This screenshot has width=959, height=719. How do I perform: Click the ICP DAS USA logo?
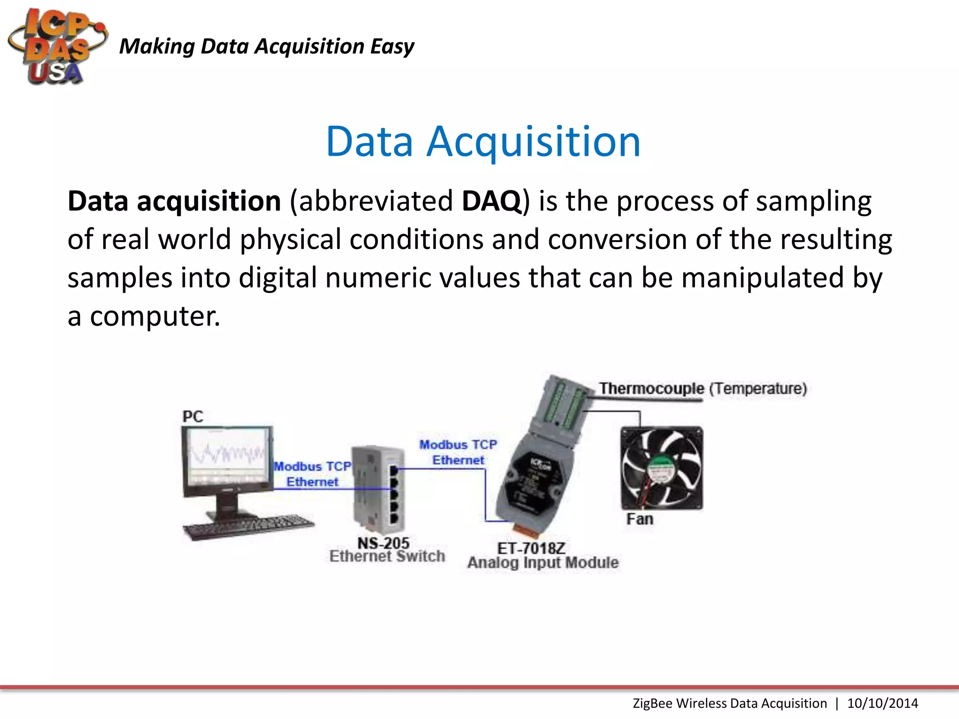(x=57, y=47)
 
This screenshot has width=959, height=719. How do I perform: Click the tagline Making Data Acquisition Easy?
(x=266, y=46)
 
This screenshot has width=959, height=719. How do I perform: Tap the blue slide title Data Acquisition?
(x=483, y=141)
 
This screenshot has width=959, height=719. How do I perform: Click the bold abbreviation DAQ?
(x=491, y=201)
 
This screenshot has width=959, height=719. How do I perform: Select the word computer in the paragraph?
(x=155, y=316)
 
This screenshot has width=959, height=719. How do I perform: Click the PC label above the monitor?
(x=192, y=416)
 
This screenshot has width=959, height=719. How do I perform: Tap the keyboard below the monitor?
(x=248, y=527)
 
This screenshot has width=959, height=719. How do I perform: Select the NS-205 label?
(x=383, y=543)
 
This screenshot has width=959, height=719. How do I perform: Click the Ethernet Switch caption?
(x=387, y=557)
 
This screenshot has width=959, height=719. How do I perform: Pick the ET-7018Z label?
(x=531, y=548)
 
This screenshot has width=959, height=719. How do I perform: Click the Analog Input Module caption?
(x=543, y=563)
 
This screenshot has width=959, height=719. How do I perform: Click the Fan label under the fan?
(x=640, y=519)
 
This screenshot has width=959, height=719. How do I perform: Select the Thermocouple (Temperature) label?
(x=702, y=389)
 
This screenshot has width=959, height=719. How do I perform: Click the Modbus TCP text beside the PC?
(x=312, y=466)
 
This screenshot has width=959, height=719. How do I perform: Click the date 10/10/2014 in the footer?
(x=882, y=703)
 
